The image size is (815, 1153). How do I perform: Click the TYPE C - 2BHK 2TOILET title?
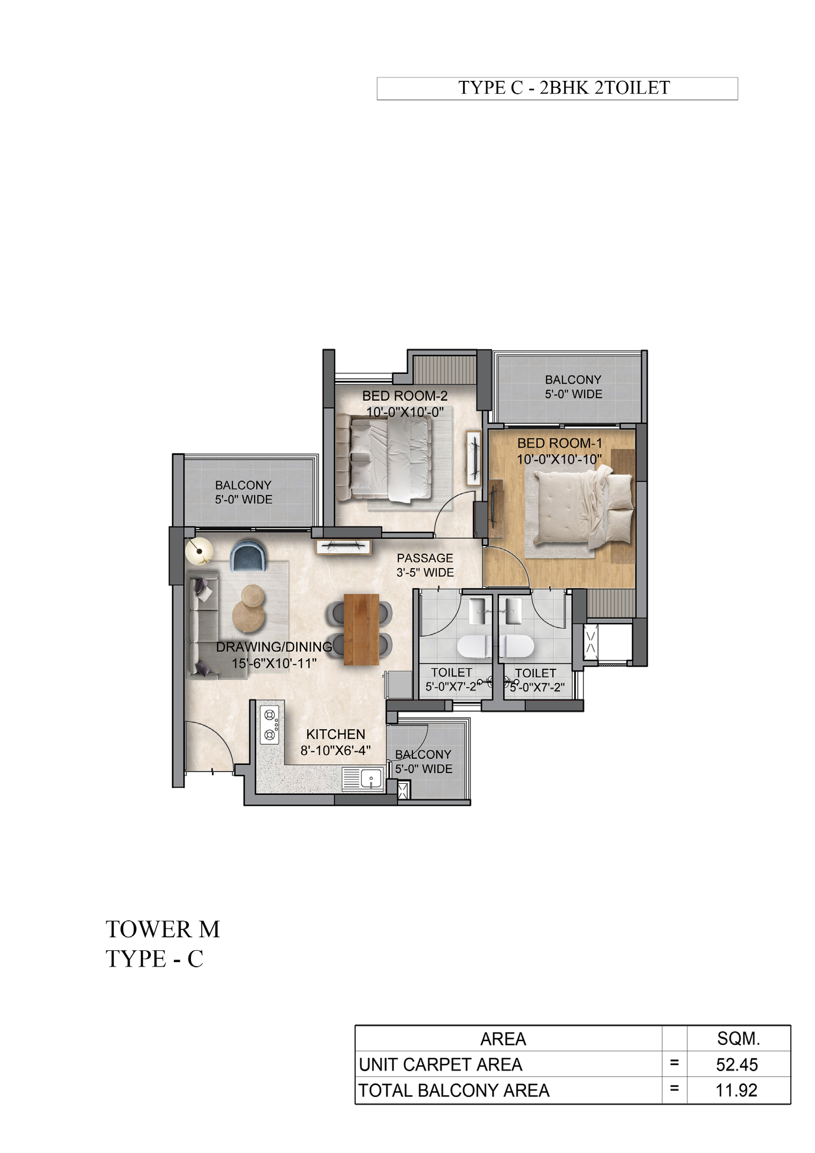coord(564,88)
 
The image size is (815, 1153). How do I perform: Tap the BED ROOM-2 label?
coord(405,396)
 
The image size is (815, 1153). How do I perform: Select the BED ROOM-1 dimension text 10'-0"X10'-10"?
coord(559,459)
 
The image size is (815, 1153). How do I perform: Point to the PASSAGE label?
coord(425,558)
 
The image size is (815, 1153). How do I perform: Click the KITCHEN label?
coord(336,734)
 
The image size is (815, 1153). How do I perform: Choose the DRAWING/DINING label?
coord(274,647)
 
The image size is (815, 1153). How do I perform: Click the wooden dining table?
coord(361,629)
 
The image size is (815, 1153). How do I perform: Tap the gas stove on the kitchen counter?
coord(270,725)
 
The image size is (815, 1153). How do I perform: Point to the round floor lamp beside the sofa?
coord(199,550)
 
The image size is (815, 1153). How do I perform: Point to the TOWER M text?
coord(163,929)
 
